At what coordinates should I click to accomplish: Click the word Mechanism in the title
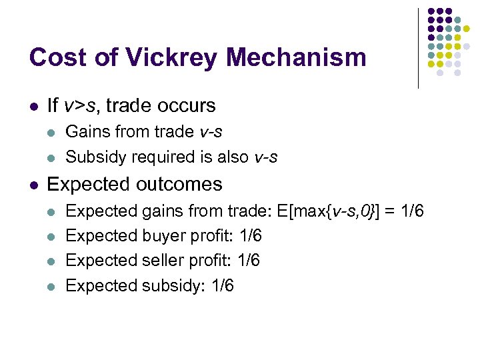pos(296,57)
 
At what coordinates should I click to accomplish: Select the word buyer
pos(164,236)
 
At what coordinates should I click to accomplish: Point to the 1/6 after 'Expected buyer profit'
pos(249,236)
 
